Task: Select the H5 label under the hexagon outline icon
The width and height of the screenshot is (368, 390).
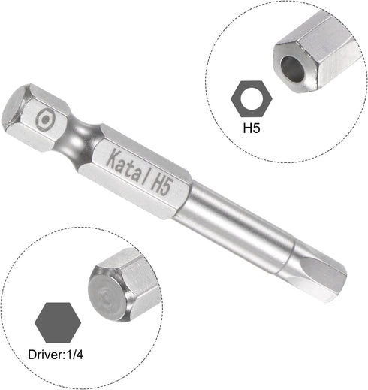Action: (250, 128)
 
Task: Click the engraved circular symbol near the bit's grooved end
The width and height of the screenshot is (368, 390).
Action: (46, 119)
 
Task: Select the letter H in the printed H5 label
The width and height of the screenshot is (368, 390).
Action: (246, 128)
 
